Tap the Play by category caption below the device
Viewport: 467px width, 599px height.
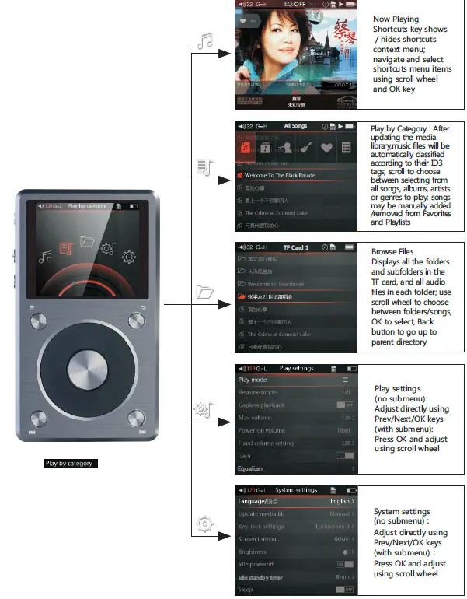tap(69, 464)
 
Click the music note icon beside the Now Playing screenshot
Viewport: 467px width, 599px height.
tap(205, 41)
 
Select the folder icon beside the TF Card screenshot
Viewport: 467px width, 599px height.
tap(205, 292)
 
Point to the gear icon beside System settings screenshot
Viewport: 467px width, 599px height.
tap(205, 524)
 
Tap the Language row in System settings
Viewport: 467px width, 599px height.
tap(296, 502)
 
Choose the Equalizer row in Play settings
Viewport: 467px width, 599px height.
tap(296, 468)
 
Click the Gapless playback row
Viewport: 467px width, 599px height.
tap(296, 405)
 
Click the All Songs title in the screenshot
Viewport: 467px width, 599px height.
tap(295, 125)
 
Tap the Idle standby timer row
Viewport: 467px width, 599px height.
tap(296, 576)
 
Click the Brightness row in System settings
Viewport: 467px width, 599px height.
tap(296, 552)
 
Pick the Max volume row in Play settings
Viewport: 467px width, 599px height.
tap(296, 419)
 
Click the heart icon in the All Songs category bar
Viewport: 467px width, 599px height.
tap(326, 146)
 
